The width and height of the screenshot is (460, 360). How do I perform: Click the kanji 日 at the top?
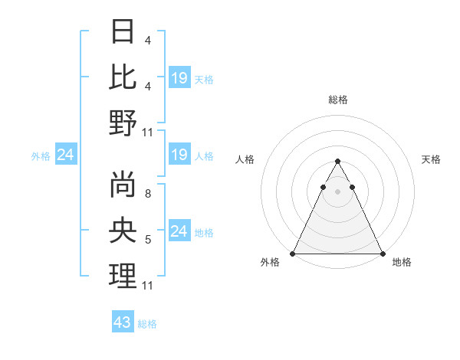[123, 31]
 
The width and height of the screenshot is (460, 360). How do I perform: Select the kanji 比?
[123, 77]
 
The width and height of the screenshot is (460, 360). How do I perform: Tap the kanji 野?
[123, 123]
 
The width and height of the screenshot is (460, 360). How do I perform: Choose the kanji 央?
[123, 230]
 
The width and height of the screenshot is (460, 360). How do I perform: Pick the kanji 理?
[123, 276]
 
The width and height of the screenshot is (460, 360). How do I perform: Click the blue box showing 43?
[123, 322]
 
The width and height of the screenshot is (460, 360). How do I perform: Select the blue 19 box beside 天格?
[179, 78]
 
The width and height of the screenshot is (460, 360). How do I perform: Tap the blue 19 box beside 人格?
[179, 155]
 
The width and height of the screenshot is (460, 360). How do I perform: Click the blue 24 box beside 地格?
[179, 231]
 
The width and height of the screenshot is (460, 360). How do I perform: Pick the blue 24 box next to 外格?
[65, 155]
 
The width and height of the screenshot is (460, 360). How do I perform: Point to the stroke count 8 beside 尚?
[147, 194]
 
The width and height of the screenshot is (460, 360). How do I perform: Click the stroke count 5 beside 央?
[147, 240]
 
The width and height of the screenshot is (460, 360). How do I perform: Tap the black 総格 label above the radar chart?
[338, 100]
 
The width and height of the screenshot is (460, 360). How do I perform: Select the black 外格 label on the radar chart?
[270, 263]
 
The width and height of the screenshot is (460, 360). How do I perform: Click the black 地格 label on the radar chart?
[402, 263]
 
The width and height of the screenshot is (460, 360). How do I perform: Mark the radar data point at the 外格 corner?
[293, 254]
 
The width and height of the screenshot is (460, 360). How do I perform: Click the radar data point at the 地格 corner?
[382, 254]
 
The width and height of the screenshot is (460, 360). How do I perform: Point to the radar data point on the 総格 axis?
[337, 161]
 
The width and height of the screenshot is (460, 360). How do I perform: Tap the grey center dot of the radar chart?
[337, 191]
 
